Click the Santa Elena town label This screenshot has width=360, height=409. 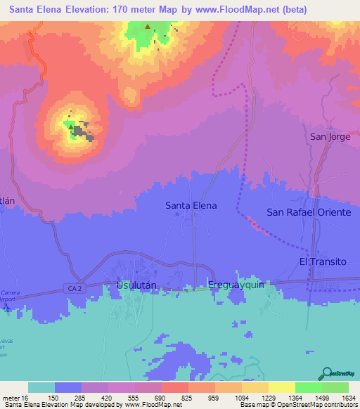(191, 206)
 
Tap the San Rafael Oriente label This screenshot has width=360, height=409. (308, 212)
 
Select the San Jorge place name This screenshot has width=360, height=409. (330, 136)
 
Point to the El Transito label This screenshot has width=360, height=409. (323, 261)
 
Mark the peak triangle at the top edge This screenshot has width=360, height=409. (148, 27)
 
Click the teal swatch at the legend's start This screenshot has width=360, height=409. (41, 387)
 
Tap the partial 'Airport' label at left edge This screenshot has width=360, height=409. (7, 299)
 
